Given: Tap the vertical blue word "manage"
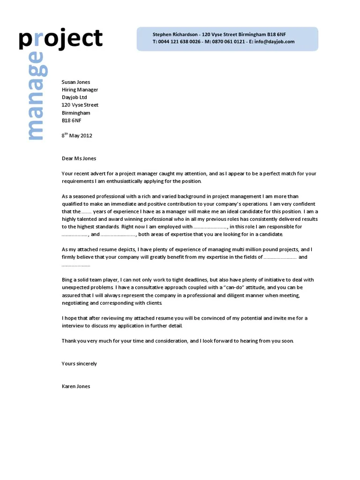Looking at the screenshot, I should [36, 96].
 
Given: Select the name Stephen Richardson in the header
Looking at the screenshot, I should [175, 35].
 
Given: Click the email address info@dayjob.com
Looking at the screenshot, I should [275, 42].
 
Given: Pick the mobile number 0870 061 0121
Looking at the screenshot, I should [228, 42].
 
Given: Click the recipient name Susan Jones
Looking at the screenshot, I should [76, 82].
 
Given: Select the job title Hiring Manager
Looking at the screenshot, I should [80, 90].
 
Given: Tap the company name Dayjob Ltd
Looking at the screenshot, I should [74, 97].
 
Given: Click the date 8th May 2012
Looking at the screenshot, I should [77, 136].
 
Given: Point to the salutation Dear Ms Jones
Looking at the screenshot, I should [79, 158].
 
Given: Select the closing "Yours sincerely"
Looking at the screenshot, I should [79, 364].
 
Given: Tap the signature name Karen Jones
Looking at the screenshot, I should [76, 386].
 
